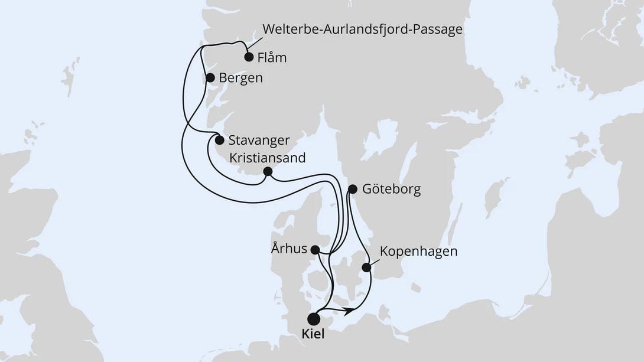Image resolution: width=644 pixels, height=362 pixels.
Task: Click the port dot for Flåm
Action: (x=249, y=57)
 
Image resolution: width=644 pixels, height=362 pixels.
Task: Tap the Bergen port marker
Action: (x=209, y=78)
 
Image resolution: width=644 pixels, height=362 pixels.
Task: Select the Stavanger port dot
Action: (x=219, y=141)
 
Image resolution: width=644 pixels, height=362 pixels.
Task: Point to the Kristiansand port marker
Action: (x=267, y=172)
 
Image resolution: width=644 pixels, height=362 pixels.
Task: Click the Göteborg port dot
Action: (x=353, y=190)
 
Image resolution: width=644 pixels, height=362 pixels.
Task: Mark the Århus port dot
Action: (x=316, y=250)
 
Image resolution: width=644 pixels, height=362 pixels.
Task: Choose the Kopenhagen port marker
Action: (x=366, y=268)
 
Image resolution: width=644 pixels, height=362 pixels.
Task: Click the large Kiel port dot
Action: (x=314, y=319)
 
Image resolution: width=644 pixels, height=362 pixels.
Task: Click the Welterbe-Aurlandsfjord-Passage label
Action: (x=362, y=30)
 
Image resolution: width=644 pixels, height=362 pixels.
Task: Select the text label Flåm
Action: (x=272, y=58)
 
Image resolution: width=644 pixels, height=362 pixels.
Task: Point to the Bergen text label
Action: (x=240, y=78)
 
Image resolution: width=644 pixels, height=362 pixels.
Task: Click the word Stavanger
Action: (x=258, y=141)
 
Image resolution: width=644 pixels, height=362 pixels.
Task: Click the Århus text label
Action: (x=290, y=249)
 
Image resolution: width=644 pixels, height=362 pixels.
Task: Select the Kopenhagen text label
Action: (x=419, y=252)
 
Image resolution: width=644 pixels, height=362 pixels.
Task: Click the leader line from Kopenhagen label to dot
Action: (x=373, y=260)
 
